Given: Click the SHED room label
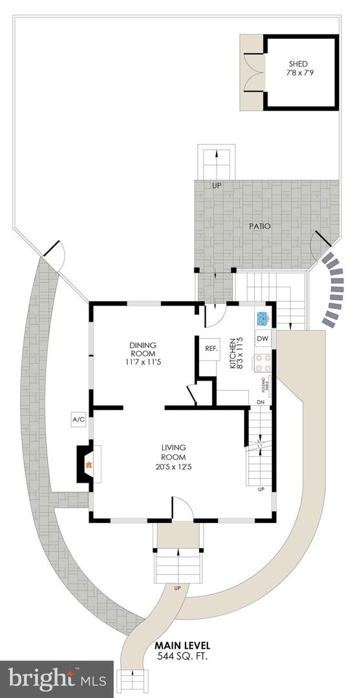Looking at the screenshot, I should coord(298,64).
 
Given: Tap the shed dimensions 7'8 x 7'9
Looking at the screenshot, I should coord(298,74).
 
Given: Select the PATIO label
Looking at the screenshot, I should coord(260,227).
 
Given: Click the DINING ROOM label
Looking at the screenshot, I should coord(142,349).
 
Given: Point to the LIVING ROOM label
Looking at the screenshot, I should coord(174,452).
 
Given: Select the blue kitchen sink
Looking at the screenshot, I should coord(262,319).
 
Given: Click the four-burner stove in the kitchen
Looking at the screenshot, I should coord(263,363).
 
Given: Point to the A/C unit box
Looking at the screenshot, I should coord(79,420).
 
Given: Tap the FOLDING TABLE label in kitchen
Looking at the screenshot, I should coord(264,386).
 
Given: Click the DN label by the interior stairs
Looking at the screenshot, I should coord(260,403).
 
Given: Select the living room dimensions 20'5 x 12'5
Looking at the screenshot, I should coord(174,467).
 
